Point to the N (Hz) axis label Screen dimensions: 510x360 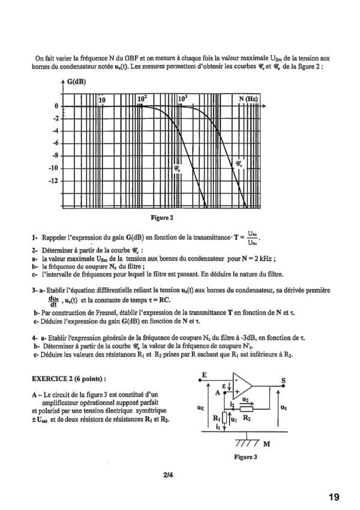point(248,98)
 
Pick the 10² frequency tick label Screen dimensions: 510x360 point(142,98)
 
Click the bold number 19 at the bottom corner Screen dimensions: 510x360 point(334,497)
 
